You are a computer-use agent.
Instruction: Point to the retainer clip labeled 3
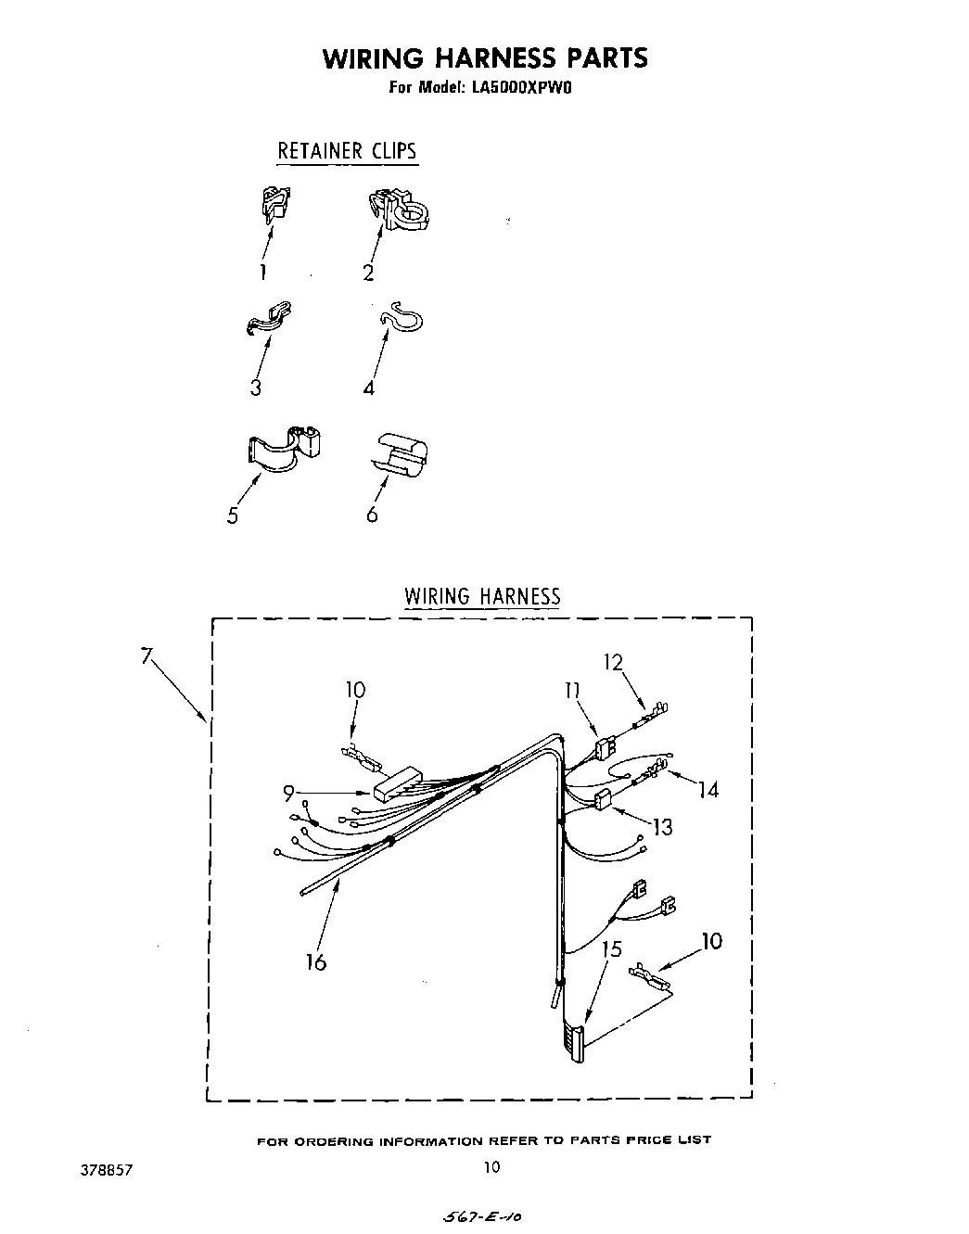pyautogui.click(x=269, y=317)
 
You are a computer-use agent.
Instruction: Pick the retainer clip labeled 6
pyautogui.click(x=402, y=452)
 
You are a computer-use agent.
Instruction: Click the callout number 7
pyautogui.click(x=146, y=655)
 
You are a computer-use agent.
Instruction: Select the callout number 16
pyautogui.click(x=316, y=962)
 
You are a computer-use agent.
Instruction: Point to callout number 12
pyautogui.click(x=612, y=662)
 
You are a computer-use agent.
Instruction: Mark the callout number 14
pyautogui.click(x=708, y=790)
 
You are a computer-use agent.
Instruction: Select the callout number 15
pyautogui.click(x=611, y=949)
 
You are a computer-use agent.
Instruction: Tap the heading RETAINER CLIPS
pyautogui.click(x=347, y=150)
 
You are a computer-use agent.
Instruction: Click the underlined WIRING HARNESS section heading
pyautogui.click(x=482, y=595)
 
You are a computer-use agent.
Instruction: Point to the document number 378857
pyautogui.click(x=108, y=1170)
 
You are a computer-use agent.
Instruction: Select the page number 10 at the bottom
pyautogui.click(x=491, y=1166)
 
